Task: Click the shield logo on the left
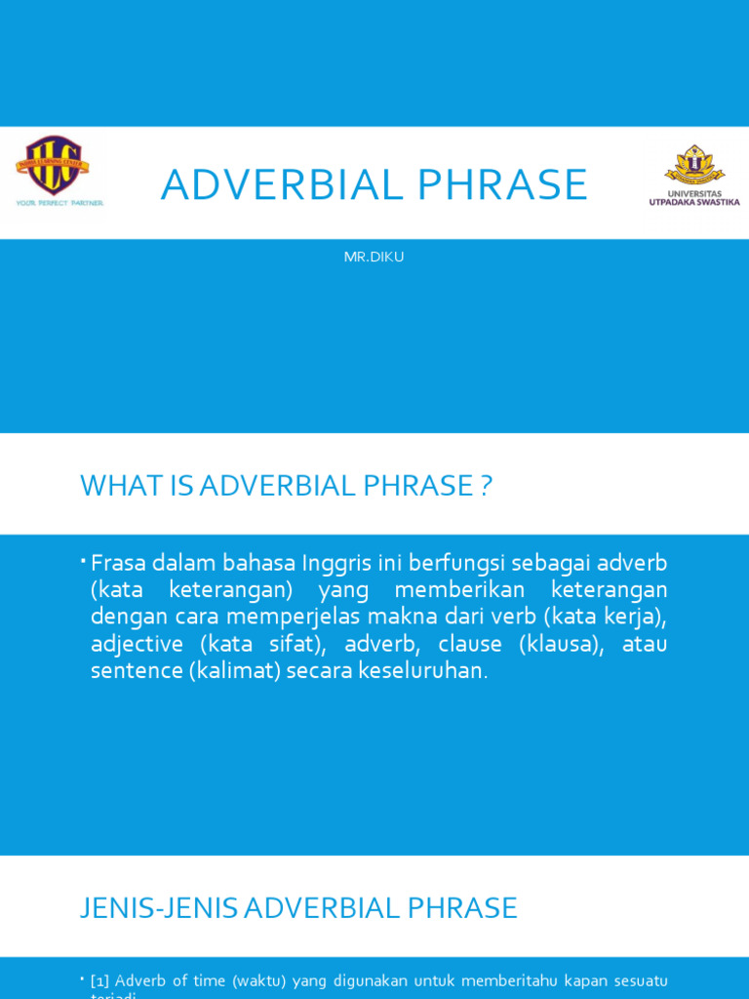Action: pos(53,165)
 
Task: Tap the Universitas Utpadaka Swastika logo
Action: pos(694,176)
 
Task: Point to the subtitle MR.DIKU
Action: pos(374,257)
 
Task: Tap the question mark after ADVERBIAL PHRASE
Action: pos(487,485)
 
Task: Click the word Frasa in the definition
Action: pos(117,563)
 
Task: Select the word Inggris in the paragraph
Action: pos(336,563)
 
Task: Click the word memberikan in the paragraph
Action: pos(460,590)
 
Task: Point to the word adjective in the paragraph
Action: pos(138,644)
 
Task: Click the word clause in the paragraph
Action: pos(470,644)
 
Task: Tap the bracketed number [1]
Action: pos(99,980)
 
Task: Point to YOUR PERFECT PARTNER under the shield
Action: pos(59,203)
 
